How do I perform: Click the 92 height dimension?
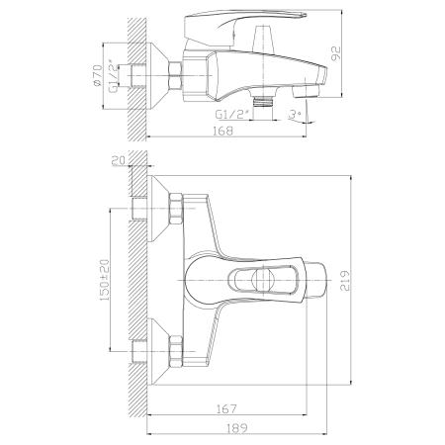(335, 53)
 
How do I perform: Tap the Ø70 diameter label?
(98, 75)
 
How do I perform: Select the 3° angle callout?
(295, 114)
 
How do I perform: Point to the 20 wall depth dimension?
(119, 161)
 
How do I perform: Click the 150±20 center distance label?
(104, 280)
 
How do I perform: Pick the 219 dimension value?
(345, 281)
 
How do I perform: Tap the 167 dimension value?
(226, 408)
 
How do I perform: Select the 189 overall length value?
(237, 428)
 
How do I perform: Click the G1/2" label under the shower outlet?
(231, 114)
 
